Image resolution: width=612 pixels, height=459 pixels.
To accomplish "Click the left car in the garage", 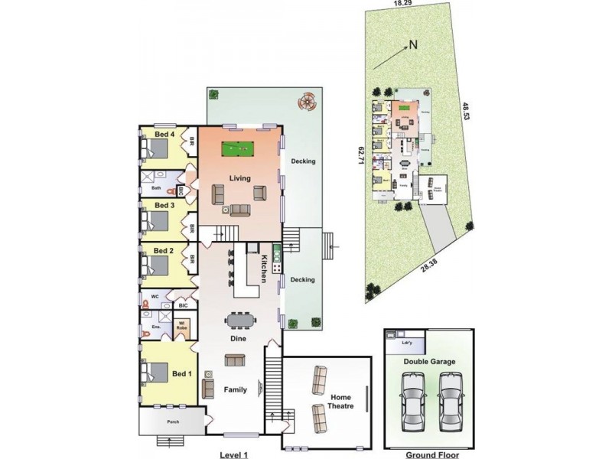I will click(x=412, y=402).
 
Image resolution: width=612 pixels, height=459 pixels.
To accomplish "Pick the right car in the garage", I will click(x=451, y=402).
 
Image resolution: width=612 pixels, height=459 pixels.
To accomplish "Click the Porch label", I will click(x=169, y=422).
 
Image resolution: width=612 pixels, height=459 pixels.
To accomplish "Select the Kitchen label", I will click(x=262, y=269).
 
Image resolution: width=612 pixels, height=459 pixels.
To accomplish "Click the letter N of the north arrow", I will click(x=412, y=44).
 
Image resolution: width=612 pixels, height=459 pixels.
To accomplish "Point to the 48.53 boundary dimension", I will click(x=465, y=115).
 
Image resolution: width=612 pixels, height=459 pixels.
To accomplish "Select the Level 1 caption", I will click(x=235, y=454).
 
